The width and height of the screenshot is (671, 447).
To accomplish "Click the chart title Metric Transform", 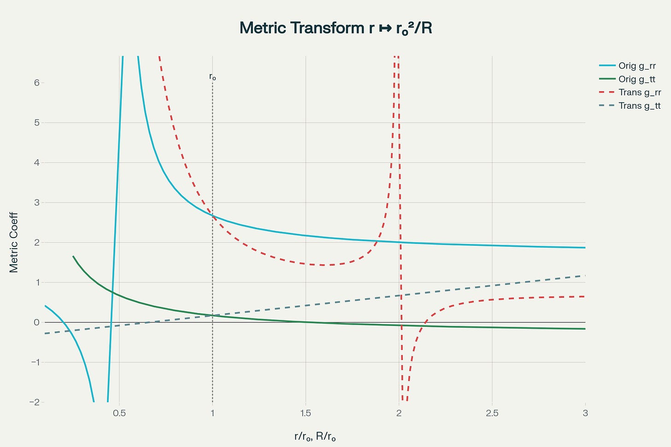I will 335,28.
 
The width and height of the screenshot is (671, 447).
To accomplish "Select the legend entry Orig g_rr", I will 637,66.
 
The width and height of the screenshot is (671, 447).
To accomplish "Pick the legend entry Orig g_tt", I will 636,79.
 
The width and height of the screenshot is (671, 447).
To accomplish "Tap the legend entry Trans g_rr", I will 639,93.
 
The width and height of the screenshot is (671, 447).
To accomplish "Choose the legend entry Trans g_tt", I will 639,106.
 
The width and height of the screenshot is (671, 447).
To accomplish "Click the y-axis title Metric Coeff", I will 14,242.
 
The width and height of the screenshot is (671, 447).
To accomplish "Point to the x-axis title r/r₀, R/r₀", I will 315,436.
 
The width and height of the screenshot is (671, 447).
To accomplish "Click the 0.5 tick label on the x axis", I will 119,413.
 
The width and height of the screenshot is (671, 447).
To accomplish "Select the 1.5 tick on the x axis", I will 306,413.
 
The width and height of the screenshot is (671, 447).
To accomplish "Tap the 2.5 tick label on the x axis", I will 492,413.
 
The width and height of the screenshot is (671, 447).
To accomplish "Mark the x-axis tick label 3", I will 585,413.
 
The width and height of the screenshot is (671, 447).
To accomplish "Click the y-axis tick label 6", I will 36,83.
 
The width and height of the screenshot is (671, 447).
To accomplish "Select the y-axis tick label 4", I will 36,163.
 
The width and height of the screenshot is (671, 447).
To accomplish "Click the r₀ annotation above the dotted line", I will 212,76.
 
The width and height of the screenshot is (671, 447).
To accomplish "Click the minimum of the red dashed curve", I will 323,265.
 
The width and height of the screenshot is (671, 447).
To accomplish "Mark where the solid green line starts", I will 73,256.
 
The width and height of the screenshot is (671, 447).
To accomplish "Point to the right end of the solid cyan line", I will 585,248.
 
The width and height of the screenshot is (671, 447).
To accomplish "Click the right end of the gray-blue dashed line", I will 585,275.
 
